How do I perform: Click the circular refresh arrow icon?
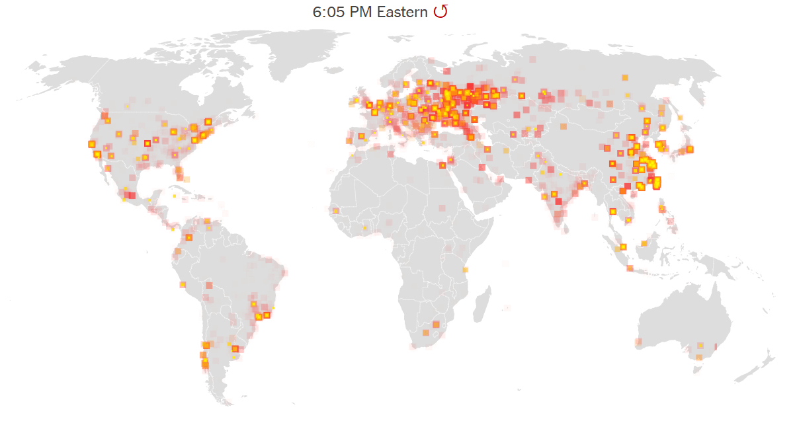point(440,11)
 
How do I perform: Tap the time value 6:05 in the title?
point(329,12)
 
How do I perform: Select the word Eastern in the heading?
point(402,12)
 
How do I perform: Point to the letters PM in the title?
point(361,12)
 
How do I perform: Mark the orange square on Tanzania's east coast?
point(466,270)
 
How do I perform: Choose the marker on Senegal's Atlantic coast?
point(336,211)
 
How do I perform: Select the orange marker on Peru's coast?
point(183,285)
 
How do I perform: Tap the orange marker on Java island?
point(630,268)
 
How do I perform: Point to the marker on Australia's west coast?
point(638,342)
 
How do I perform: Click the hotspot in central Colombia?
point(188,237)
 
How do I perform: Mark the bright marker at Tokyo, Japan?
point(690,149)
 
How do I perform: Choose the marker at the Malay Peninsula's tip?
point(622,248)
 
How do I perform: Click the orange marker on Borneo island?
point(644,244)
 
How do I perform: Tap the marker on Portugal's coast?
point(349,140)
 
